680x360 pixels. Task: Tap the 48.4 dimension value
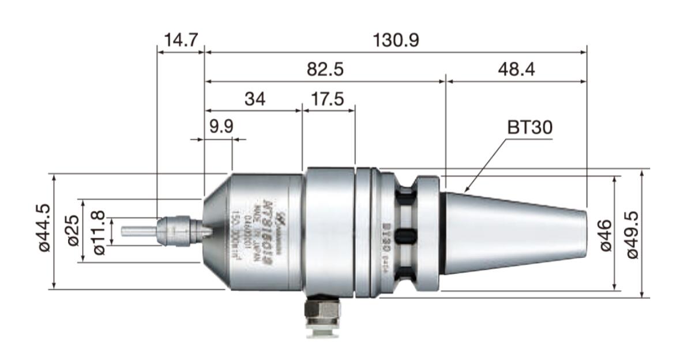(x=516, y=70)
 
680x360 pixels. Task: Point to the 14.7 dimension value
(x=181, y=40)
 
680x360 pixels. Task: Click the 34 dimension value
(x=254, y=100)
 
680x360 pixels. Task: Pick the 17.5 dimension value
(x=326, y=100)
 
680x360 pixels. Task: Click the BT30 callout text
(x=529, y=128)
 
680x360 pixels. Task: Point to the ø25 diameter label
(x=73, y=231)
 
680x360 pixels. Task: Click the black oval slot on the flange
(x=407, y=234)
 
